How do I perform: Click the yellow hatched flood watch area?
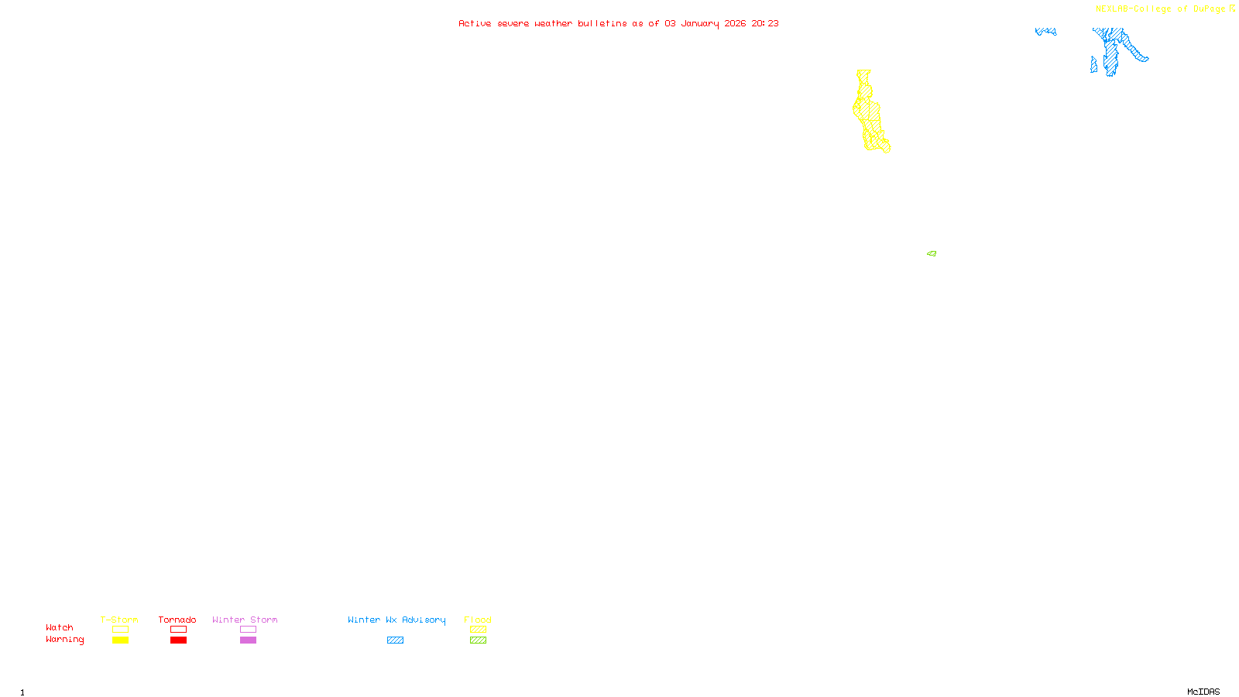click(870, 112)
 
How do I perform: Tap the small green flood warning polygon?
click(932, 253)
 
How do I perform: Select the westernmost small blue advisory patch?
click(1045, 32)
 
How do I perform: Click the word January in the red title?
click(699, 23)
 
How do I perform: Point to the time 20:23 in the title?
click(764, 23)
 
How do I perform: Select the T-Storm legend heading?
click(119, 620)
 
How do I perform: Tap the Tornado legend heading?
click(177, 620)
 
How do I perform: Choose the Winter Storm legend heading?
click(245, 620)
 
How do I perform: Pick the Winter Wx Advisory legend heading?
click(396, 620)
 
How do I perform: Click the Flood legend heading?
click(478, 620)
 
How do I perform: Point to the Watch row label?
click(60, 627)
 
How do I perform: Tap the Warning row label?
click(64, 640)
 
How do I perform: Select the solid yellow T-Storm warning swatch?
click(120, 640)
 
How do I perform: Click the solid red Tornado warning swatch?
click(178, 640)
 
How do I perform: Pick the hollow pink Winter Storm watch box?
click(248, 630)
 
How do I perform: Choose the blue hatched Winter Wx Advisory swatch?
click(395, 640)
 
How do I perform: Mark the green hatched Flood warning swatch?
click(478, 640)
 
